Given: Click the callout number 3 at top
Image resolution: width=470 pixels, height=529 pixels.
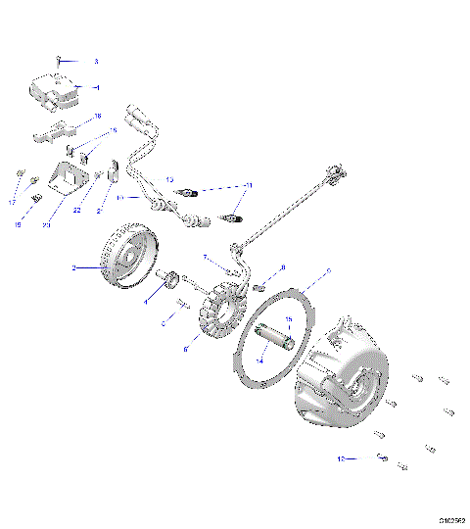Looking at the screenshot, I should point(96,61).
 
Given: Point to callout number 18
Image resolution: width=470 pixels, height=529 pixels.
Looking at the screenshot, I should point(97,117).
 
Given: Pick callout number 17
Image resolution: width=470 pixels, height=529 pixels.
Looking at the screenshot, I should point(13,202).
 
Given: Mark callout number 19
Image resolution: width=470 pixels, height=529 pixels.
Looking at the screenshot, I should point(18,224).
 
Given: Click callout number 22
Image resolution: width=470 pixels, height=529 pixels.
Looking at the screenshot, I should point(77,210).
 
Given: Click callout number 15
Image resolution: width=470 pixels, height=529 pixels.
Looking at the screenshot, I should point(289,320).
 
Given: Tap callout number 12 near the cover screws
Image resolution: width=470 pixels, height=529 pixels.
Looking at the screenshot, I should point(341,457).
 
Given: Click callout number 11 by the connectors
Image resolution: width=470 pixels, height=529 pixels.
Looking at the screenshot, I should point(249,184).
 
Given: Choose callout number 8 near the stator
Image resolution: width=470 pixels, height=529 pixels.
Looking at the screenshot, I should point(283,267).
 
